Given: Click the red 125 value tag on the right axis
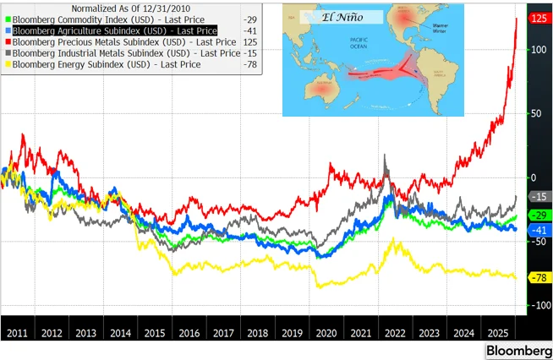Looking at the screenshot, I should tap(539, 18).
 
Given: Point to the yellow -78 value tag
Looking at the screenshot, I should tap(539, 277).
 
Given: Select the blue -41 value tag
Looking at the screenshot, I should tap(539, 230).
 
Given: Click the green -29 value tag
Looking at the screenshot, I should tap(539, 215).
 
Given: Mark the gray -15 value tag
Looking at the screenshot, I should tap(539, 196).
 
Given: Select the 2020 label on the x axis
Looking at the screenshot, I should tap(325, 333).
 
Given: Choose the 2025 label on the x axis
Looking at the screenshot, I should tap(496, 333).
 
